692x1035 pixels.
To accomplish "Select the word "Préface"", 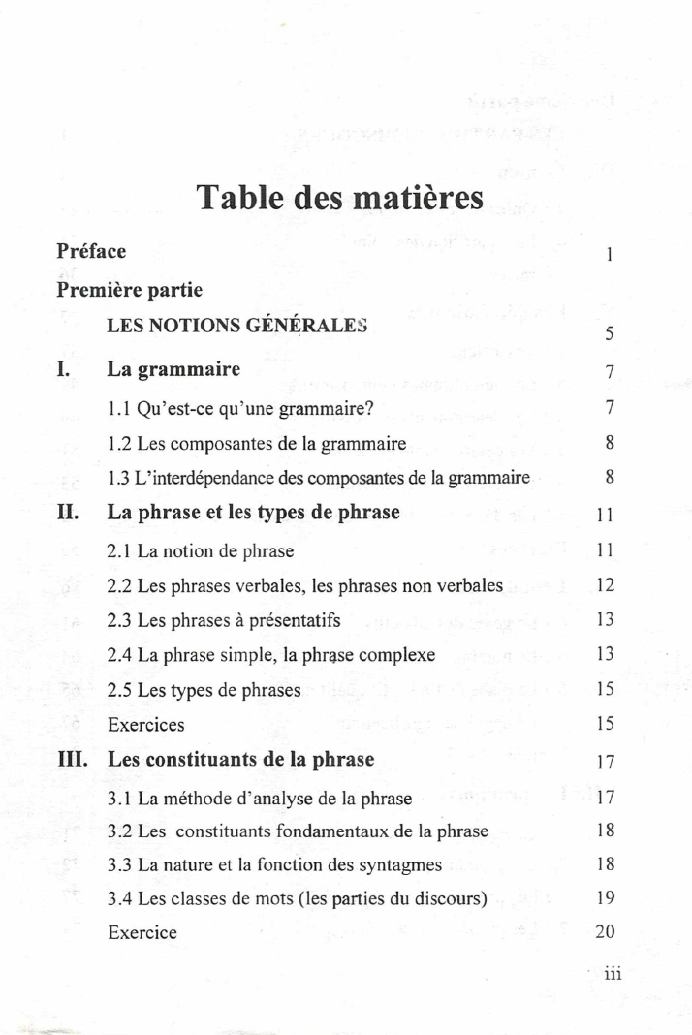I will [91, 252].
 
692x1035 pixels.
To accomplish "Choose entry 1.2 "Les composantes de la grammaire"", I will [257, 444].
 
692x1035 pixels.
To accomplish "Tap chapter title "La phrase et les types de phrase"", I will [253, 512].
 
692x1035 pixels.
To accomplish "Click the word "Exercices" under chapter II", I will [145, 725].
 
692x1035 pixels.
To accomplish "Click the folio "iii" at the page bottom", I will [611, 975].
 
